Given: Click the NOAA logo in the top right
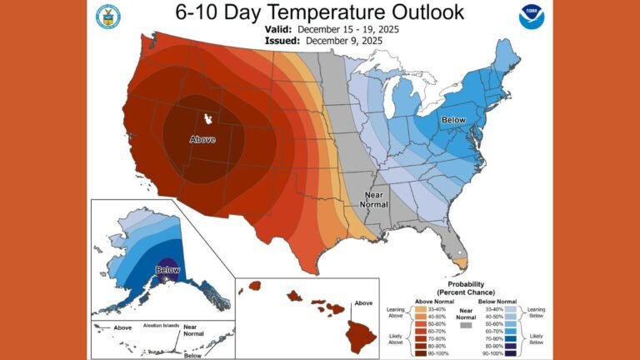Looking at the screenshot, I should [x=530, y=17].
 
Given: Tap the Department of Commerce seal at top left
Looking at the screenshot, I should [x=107, y=16].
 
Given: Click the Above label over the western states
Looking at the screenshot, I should [x=203, y=139].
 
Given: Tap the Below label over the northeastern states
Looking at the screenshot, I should [x=453, y=120].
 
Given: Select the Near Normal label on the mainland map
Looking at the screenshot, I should [x=373, y=199].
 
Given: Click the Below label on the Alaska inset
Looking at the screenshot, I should [x=167, y=269].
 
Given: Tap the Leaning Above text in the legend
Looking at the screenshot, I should [x=395, y=312].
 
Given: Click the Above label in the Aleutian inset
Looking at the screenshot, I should [x=122, y=328].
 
